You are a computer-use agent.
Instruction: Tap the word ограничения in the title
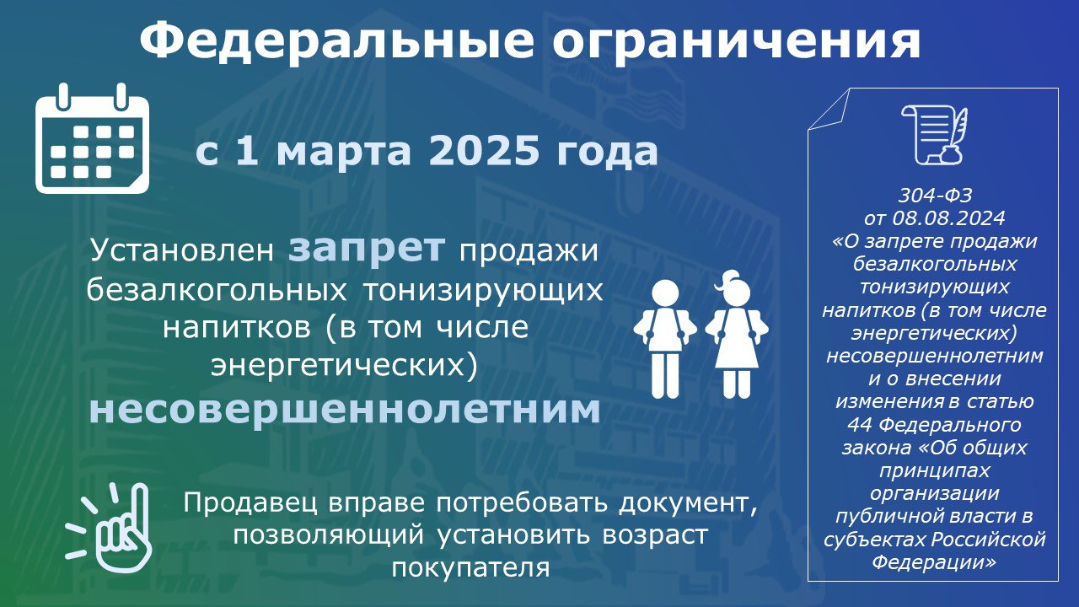coord(737,43)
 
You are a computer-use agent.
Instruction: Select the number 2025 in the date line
coord(484,150)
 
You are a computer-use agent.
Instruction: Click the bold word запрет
coord(367,249)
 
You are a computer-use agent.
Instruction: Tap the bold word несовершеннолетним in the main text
coord(345,410)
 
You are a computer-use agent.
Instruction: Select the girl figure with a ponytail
coord(737,335)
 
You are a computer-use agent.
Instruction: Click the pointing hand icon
coord(110,528)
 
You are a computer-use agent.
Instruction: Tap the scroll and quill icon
coord(935,134)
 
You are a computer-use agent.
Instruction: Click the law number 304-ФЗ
coord(935,195)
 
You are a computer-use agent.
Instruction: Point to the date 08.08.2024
coord(948,218)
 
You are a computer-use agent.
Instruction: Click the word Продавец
coord(250,503)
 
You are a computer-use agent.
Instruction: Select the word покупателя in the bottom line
coord(470,568)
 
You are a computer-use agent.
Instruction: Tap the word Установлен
coord(182,250)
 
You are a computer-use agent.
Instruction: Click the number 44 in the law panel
coord(860,425)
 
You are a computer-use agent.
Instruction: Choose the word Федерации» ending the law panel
coord(934,562)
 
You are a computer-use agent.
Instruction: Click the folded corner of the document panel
coord(829,110)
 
